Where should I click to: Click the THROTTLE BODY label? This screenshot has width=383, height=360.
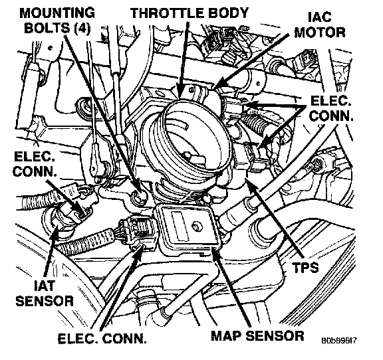(x=190, y=13)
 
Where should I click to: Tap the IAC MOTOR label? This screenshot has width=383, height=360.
(x=320, y=25)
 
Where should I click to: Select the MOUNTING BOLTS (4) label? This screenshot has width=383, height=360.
(x=57, y=21)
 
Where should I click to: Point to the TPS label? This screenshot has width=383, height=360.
(x=306, y=267)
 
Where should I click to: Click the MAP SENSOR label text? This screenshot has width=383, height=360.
(x=257, y=335)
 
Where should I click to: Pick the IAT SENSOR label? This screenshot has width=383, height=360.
(x=45, y=293)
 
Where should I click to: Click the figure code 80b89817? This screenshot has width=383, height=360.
(x=339, y=340)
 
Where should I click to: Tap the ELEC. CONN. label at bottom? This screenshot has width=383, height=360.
(x=102, y=338)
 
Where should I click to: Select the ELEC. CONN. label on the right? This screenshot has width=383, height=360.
(x=331, y=108)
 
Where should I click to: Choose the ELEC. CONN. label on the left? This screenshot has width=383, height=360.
(x=35, y=164)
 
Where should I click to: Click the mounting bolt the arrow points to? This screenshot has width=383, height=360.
(x=139, y=196)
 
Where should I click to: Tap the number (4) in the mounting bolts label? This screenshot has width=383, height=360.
(x=82, y=29)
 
